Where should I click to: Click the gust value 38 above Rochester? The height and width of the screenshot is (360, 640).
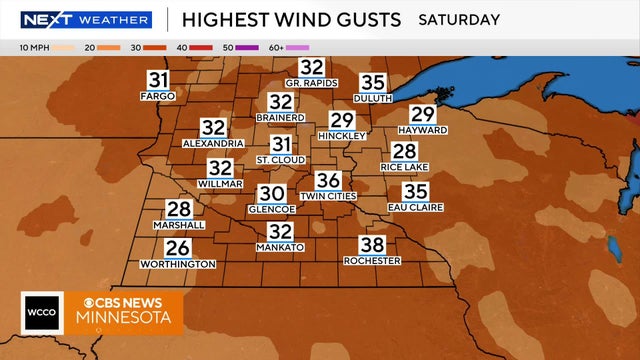(x=372, y=245)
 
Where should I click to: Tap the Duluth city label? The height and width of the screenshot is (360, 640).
(x=373, y=99)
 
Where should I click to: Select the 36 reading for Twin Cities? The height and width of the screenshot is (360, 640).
(x=328, y=181)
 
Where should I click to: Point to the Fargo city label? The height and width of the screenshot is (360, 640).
(x=158, y=96)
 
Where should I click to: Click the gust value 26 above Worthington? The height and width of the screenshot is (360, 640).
(x=177, y=248)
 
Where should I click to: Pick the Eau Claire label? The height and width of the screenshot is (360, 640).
(x=415, y=207)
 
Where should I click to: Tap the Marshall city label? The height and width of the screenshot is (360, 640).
(x=179, y=225)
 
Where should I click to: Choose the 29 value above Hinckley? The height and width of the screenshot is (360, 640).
(x=342, y=120)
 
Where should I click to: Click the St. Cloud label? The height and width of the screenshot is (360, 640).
(x=281, y=160)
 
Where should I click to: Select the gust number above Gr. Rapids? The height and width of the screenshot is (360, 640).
(x=312, y=67)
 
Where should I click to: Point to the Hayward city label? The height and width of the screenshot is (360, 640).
(x=422, y=130)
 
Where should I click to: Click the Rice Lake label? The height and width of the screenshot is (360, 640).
(x=405, y=167)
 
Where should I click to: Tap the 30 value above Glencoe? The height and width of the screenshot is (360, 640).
(x=272, y=193)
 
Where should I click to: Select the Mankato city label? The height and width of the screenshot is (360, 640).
(x=280, y=247)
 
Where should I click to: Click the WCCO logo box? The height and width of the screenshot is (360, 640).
(x=40, y=313)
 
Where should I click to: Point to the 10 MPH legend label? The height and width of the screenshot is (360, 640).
(x=35, y=47)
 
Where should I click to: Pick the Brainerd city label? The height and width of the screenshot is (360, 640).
(x=280, y=118)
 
